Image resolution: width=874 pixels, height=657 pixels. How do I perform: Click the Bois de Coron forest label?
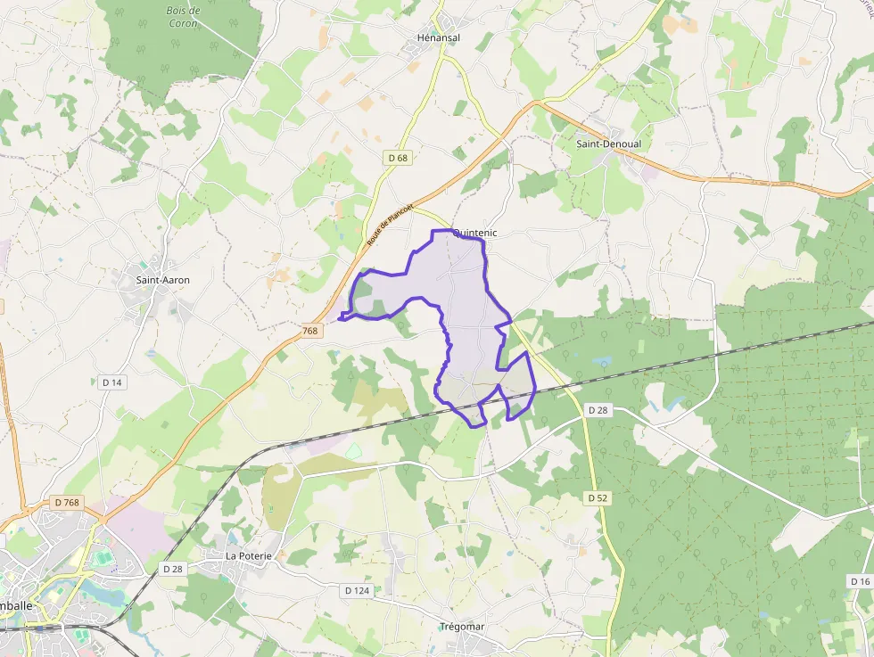tap(182, 18)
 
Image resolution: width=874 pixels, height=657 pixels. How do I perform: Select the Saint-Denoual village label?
tap(608, 144)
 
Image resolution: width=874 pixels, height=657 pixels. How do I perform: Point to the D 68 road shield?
tap(398, 158)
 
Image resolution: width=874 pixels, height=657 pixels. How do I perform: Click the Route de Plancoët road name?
tap(392, 221)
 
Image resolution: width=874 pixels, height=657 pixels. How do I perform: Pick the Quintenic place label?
tap(474, 233)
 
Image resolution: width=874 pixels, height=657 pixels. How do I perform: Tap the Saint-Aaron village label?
tap(162, 280)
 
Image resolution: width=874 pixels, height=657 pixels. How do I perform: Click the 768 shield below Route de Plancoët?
tap(309, 331)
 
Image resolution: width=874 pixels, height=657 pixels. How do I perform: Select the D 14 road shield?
tap(111, 382)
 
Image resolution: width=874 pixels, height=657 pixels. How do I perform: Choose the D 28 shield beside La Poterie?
tap(173, 569)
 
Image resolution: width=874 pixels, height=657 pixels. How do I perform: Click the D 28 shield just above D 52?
tap(598, 410)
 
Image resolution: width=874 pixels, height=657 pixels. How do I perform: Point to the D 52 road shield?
tap(598, 497)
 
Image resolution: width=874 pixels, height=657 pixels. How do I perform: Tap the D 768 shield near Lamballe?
tap(67, 503)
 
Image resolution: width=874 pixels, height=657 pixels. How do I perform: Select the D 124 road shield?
tap(357, 590)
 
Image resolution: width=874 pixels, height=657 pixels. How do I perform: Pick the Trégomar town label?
tap(462, 627)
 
